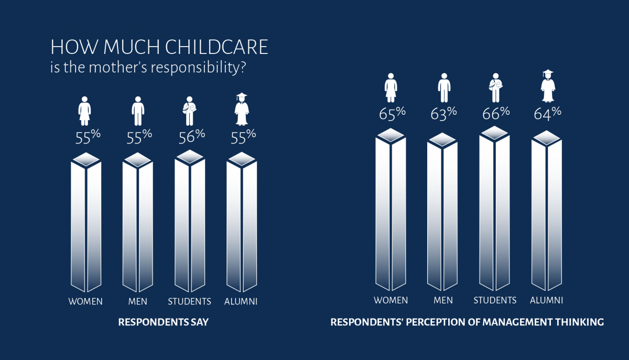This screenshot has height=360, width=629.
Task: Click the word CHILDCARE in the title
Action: coord(216,47)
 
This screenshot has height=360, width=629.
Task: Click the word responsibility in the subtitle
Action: coord(195,68)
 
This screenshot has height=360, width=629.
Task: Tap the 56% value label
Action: coord(192,136)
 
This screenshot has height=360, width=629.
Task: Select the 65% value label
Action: coord(392,113)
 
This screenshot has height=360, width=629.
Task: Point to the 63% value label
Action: coord(443,113)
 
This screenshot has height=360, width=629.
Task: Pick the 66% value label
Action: coord(496,113)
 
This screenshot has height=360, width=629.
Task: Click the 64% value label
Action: coord(547,113)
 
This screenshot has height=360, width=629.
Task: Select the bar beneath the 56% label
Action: coord(190,221)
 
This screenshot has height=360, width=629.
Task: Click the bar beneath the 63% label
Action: coord(442,212)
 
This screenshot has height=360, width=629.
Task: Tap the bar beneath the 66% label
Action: coord(494,209)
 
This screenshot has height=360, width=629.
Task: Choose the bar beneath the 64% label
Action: coord(547,211)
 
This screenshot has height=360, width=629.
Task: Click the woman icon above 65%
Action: coord(391,88)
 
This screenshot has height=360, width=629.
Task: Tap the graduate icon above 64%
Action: coord(548,85)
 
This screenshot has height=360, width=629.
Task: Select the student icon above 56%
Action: coord(190,111)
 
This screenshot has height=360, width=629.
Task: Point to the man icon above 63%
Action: coord(444,88)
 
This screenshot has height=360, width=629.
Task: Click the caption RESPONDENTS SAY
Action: coord(164,322)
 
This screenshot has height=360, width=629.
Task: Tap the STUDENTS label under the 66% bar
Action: coord(495,300)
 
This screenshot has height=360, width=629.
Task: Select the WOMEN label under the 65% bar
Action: coord(391,300)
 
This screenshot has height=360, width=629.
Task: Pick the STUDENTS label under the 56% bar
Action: coord(190,301)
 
